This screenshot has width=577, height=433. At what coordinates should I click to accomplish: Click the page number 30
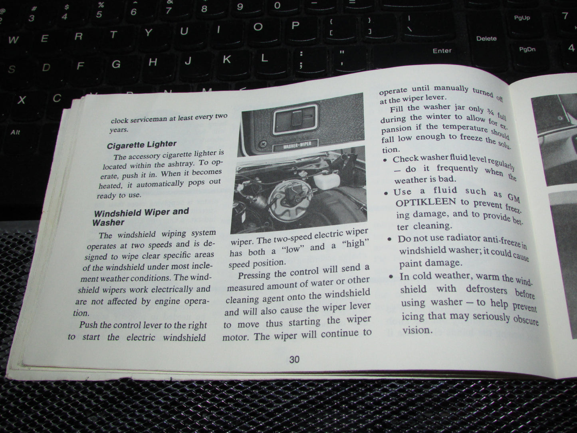pos(294,360)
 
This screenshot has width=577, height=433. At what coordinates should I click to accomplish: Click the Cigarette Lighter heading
pos(141,144)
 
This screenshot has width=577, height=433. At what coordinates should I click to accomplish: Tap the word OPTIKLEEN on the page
pos(425,202)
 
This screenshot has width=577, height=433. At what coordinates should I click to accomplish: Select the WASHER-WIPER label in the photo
pos(295,145)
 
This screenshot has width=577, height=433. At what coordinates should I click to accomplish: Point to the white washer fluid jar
pos(327,180)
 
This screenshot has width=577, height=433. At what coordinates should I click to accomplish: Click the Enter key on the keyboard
pos(442,51)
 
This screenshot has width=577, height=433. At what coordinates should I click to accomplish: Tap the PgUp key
pos(522,18)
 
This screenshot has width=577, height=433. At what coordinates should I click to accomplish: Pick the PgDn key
pos(527,50)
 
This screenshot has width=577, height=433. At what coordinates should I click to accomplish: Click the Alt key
pos(16,132)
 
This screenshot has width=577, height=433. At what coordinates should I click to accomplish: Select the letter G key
pos(116,64)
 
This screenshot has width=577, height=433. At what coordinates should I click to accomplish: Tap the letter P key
pos(295,26)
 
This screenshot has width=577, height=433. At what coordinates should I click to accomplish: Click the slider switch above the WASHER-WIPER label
pos(296,119)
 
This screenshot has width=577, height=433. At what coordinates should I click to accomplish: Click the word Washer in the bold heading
pos(108,222)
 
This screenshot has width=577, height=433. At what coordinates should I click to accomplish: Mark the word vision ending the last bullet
pos(417,330)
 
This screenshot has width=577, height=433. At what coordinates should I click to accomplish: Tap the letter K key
pos(227,59)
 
